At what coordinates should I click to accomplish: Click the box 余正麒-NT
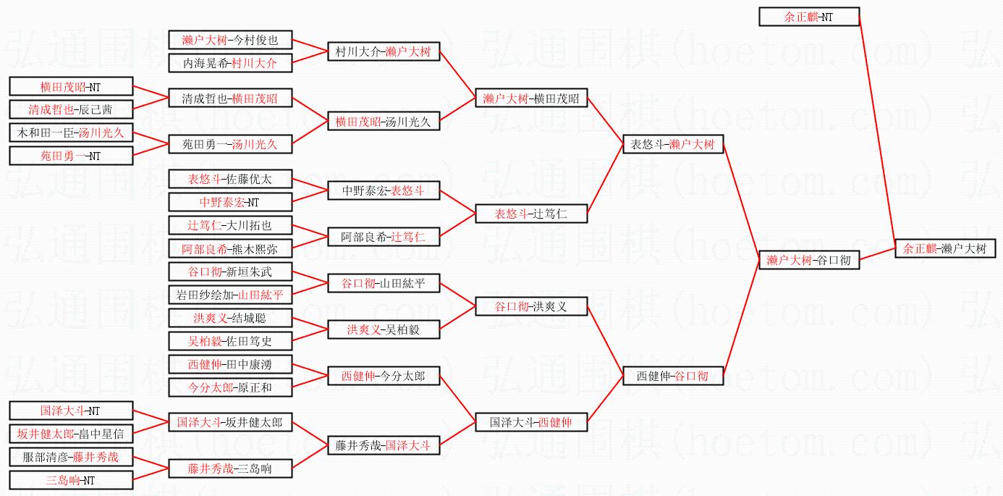click(808, 17)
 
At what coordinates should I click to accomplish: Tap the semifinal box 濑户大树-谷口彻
click(808, 260)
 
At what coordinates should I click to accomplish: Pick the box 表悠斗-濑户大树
click(673, 144)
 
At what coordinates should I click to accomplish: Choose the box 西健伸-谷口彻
click(673, 376)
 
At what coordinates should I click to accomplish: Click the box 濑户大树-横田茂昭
click(530, 99)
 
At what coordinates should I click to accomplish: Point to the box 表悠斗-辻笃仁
click(530, 214)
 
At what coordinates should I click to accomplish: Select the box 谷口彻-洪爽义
click(530, 306)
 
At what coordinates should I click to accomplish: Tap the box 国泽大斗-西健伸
click(530, 422)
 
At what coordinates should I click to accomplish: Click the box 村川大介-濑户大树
click(383, 51)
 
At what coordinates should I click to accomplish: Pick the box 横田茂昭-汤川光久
click(383, 122)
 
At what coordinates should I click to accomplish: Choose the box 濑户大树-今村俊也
click(230, 40)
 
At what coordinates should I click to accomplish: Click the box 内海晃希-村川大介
click(230, 63)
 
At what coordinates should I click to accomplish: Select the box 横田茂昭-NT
click(71, 87)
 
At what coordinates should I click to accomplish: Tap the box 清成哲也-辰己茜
click(71, 110)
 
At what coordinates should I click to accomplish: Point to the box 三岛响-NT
click(71, 480)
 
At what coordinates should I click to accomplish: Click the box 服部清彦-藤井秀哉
click(71, 457)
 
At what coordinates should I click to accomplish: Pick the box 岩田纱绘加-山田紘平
click(230, 295)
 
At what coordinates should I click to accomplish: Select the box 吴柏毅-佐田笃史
click(230, 341)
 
